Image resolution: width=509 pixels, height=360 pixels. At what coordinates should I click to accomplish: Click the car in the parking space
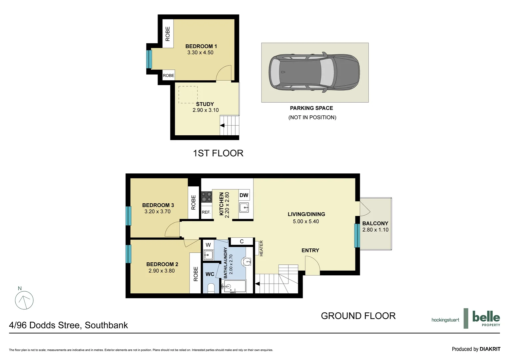314,72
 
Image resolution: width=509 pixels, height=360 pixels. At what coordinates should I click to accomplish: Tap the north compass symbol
24,300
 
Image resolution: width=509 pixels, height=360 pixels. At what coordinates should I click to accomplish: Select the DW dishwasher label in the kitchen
244,195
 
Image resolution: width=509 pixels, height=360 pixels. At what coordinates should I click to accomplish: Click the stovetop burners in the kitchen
207,196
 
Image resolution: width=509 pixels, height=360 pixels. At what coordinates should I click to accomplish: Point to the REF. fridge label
206,212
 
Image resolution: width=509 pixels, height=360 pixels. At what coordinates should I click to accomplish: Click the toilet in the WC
211,288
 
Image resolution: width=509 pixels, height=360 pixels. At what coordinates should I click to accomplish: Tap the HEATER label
261,248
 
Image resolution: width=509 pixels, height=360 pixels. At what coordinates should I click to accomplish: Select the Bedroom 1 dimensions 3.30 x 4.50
200,53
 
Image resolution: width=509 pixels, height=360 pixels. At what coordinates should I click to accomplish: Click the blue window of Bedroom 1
149,59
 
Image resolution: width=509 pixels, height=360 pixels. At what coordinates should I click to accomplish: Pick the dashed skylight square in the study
188,95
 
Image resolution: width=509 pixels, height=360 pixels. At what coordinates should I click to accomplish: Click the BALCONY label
375,223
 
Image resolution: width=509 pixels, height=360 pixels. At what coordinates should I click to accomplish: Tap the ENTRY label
310,250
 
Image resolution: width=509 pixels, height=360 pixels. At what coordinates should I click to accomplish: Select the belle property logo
486,318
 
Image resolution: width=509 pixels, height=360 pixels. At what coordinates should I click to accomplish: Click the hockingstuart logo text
445,320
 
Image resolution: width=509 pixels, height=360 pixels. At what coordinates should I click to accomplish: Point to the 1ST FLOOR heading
218,153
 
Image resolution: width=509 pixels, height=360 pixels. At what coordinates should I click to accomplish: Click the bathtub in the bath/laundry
235,286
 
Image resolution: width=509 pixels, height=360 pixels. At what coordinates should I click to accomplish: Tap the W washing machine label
208,245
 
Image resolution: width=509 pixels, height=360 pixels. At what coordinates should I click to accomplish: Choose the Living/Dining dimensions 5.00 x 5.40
306,221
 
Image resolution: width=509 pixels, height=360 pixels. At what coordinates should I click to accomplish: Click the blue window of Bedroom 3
128,216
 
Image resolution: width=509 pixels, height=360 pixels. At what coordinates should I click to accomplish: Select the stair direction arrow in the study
222,126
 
